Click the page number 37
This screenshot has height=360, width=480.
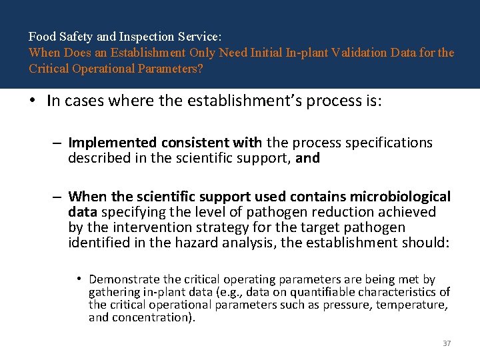pyautogui.click(x=447, y=343)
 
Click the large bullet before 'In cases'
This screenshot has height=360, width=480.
pyautogui.click(x=33, y=101)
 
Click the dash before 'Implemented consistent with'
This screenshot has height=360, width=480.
pyautogui.click(x=59, y=143)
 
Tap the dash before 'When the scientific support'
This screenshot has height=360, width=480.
pyautogui.click(x=59, y=197)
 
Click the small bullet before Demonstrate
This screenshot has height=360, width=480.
pyautogui.click(x=78, y=279)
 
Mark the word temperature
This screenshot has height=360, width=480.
pyautogui.click(x=414, y=305)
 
